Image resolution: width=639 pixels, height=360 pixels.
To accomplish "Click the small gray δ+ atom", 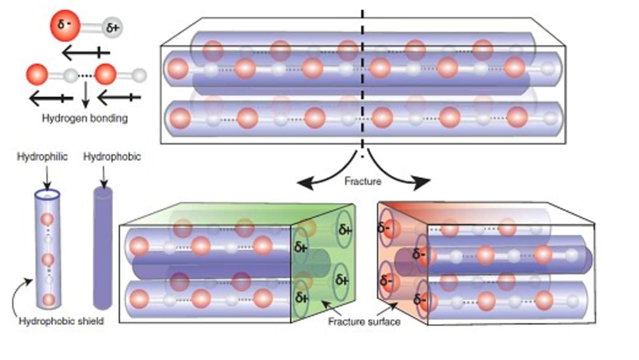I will point(112,28).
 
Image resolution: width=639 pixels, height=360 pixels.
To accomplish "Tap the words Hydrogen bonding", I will point(85,118).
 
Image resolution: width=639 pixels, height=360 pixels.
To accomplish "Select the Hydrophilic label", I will point(42,156).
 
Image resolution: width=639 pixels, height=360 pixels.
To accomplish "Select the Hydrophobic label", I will point(112,156).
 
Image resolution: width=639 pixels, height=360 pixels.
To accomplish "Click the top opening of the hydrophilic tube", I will point(47,195).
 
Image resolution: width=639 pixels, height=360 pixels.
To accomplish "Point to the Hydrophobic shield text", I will point(61,321).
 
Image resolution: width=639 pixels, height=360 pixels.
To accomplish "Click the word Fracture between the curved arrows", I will point(363,181).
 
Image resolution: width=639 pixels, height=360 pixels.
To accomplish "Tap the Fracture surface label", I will point(364,321).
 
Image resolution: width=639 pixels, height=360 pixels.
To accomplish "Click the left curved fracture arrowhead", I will point(304,184).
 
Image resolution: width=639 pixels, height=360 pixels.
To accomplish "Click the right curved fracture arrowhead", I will point(423,183).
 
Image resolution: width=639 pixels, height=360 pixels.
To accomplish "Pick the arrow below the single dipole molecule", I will point(86,52).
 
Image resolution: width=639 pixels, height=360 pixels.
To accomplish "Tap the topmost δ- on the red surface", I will point(384,228).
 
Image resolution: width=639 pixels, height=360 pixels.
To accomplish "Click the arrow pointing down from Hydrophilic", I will point(47,178).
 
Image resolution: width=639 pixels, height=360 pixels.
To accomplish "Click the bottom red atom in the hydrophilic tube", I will point(48,299).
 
